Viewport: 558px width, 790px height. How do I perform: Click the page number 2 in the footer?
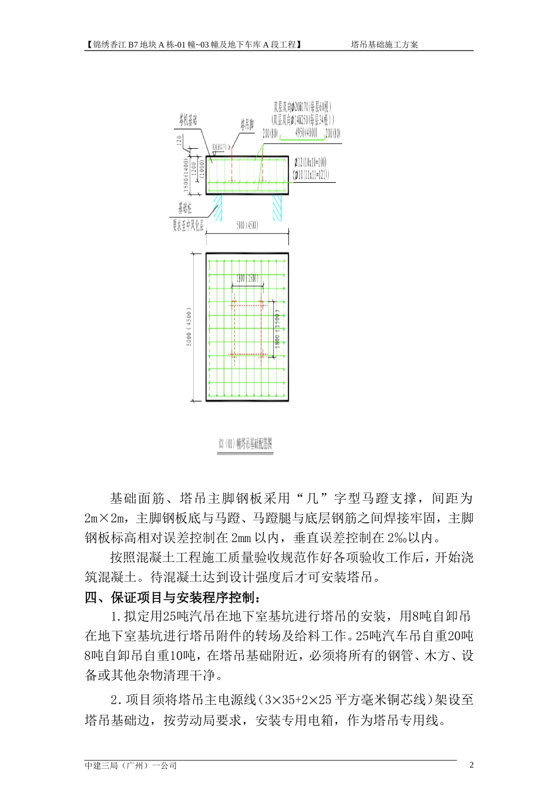point(472,765)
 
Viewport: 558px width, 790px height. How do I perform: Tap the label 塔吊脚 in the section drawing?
point(246,125)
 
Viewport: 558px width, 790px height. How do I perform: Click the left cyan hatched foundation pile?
point(219,207)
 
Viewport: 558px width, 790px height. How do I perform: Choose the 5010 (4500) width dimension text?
point(247,225)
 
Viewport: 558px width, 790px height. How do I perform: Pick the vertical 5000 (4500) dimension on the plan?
point(189,327)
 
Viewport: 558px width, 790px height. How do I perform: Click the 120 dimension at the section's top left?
point(178,142)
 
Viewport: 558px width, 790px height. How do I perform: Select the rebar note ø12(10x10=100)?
point(312,162)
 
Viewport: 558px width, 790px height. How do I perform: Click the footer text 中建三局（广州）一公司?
point(131,765)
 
